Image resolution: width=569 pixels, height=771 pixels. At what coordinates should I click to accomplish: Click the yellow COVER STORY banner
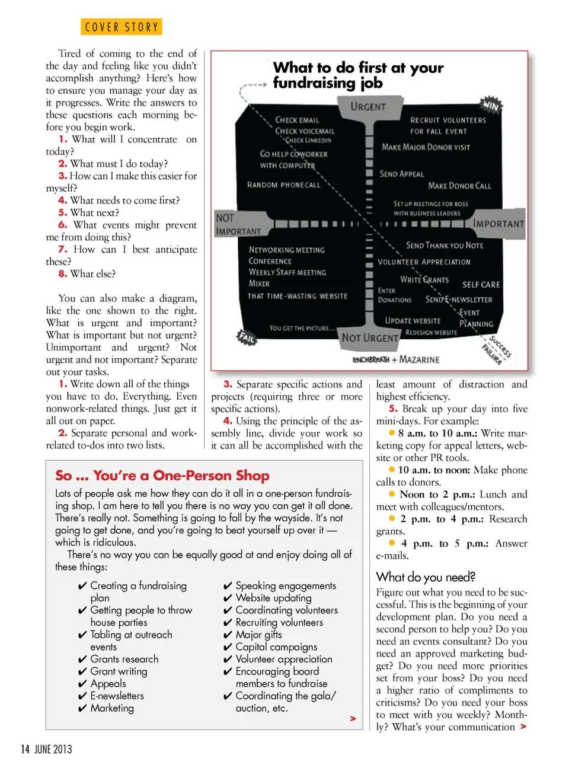(x=122, y=27)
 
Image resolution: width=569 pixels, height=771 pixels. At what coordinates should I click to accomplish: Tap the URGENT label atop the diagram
(x=367, y=107)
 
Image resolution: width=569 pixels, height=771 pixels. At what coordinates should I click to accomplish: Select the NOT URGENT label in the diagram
(x=370, y=337)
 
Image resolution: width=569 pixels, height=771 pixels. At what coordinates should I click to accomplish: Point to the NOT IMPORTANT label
(x=238, y=225)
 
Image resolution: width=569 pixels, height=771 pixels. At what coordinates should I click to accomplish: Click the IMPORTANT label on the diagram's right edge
(x=498, y=224)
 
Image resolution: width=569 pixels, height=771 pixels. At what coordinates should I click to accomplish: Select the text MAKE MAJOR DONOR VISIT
(x=426, y=147)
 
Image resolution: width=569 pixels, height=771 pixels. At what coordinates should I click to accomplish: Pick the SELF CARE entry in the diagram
(x=481, y=285)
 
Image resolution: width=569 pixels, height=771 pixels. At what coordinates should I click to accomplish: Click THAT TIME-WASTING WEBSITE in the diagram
(x=298, y=296)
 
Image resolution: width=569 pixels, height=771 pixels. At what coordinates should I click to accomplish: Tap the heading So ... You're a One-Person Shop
(x=162, y=476)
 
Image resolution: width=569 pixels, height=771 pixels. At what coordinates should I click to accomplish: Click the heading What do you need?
(x=426, y=577)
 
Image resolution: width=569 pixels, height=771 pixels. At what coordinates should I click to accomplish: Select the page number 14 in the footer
(x=25, y=749)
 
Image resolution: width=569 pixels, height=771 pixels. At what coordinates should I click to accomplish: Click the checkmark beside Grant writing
(x=82, y=672)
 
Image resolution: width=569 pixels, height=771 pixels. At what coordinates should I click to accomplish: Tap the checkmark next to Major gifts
(x=228, y=635)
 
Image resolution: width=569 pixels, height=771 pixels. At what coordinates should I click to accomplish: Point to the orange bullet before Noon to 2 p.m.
(x=392, y=494)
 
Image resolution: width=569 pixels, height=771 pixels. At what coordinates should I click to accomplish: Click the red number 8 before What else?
(x=62, y=274)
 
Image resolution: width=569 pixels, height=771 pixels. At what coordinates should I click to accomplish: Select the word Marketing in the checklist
(x=112, y=708)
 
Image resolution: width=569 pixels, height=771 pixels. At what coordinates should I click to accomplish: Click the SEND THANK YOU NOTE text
(x=444, y=246)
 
